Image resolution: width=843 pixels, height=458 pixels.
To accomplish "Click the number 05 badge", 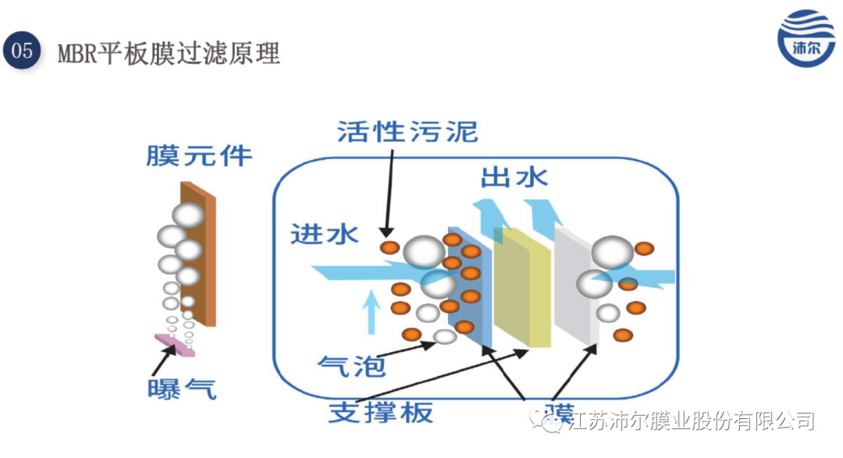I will tap(22, 51).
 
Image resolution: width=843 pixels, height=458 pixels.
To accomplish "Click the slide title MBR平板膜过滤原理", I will tap(169, 53).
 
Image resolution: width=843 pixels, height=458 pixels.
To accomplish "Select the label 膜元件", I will tap(199, 155).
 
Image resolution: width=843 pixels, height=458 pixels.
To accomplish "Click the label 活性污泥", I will tap(407, 131).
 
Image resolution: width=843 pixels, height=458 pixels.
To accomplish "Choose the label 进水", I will tap(324, 233).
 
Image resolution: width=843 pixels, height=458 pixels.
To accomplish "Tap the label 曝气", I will tap(181, 388).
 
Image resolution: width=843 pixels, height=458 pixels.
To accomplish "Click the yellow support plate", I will tap(526, 287).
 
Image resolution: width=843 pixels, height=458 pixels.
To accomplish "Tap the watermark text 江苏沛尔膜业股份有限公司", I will tap(691, 422).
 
